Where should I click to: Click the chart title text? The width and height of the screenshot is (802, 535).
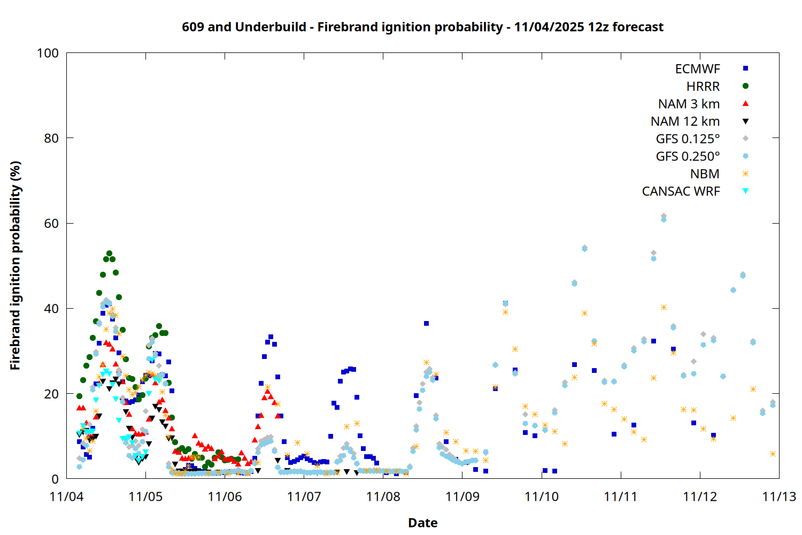(422, 27)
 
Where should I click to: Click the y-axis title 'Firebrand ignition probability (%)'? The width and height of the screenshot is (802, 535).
(15, 265)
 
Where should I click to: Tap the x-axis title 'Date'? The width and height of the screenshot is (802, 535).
(422, 523)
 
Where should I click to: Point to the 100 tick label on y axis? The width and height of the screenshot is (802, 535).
(48, 53)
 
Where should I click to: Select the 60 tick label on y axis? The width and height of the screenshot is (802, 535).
(51, 224)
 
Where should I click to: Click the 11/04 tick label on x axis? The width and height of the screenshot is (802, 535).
(66, 496)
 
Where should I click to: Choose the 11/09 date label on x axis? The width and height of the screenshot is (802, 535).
(462, 496)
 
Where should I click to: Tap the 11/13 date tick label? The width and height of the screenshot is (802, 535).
(779, 496)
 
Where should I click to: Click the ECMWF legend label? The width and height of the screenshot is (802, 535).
(697, 69)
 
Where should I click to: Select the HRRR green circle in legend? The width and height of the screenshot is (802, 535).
(745, 86)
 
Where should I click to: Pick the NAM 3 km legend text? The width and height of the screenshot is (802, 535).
(689, 104)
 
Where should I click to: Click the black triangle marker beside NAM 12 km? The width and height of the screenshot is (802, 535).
(745, 121)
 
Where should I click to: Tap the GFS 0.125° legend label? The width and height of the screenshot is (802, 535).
(688, 139)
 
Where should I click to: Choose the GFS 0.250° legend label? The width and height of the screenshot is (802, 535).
(688, 156)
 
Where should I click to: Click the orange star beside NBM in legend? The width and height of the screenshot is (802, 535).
(745, 174)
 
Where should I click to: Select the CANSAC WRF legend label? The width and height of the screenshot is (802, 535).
(681, 192)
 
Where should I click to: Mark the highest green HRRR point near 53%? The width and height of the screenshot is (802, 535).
(109, 253)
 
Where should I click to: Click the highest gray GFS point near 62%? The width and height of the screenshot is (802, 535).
(664, 216)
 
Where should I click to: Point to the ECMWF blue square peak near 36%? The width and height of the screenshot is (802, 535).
(426, 323)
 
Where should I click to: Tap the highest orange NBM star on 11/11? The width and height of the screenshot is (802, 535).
(664, 307)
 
